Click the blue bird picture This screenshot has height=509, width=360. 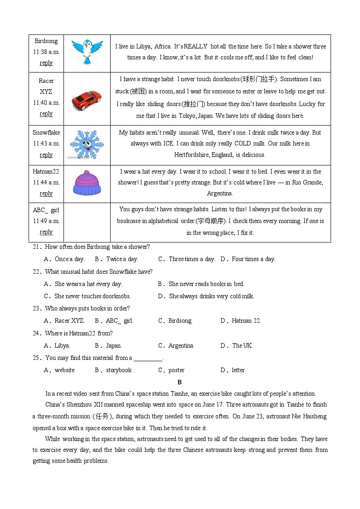87,51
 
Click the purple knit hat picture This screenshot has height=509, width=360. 87,183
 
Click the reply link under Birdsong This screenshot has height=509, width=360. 46,63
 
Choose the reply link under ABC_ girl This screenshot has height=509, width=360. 46,232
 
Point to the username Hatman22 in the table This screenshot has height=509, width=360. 46,172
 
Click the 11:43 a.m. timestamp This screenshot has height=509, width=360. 46,144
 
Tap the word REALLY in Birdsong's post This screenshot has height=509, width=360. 195,46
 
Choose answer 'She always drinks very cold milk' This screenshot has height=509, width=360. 211,296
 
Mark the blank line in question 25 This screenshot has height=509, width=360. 148,359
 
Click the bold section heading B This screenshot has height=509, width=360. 180,383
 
